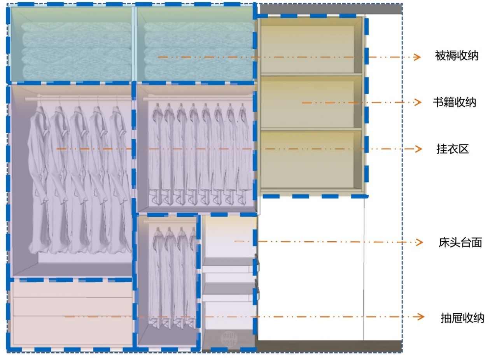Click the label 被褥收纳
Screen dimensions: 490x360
[x=457, y=56]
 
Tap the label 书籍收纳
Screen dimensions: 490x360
[x=455, y=102]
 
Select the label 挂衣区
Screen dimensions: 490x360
[x=453, y=149]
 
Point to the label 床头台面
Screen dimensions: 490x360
[x=460, y=242]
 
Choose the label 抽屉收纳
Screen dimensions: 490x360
[x=462, y=318]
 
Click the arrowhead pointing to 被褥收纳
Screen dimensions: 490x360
[x=417, y=57]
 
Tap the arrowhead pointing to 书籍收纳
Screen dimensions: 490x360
[x=418, y=102]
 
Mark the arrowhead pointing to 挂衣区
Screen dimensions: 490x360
[x=418, y=149]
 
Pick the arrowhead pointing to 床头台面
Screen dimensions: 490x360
[x=419, y=242]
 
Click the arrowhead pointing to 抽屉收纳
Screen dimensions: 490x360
[x=421, y=317]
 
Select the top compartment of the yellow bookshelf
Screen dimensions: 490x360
[x=311, y=49]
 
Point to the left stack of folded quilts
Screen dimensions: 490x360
[x=77, y=51]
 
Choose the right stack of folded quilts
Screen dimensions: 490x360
[x=199, y=51]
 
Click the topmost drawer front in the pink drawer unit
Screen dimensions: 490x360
[x=72, y=290]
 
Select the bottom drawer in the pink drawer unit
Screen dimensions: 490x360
[x=72, y=330]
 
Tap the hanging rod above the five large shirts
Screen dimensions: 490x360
[x=78, y=99]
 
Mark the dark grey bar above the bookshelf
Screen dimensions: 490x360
[x=331, y=9]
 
